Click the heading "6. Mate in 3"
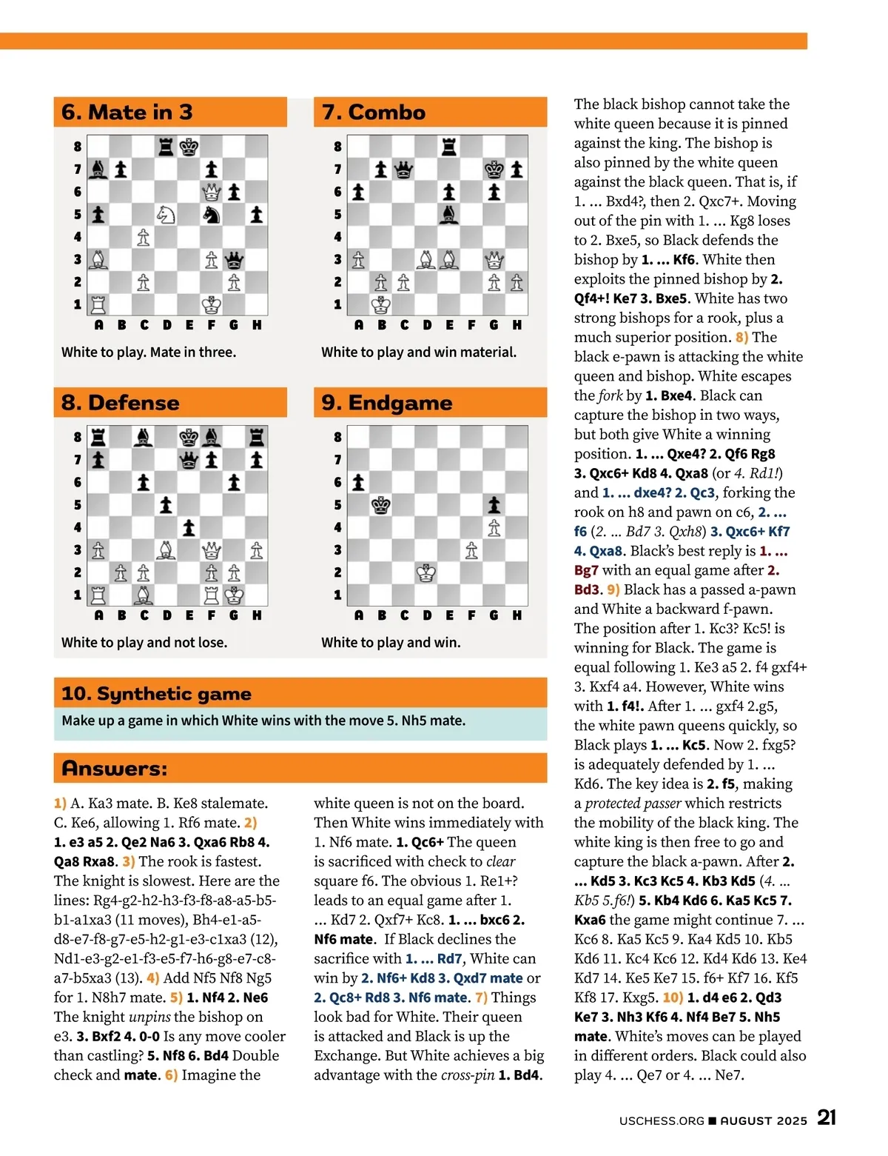tap(127, 113)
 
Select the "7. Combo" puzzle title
tap(374, 113)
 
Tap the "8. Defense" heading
tap(121, 403)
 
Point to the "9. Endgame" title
tap(387, 403)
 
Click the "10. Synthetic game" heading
tap(157, 694)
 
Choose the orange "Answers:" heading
tap(115, 769)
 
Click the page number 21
tap(827, 1117)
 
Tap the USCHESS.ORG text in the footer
tap(662, 1121)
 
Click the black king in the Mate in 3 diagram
tap(189, 147)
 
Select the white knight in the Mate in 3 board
tap(166, 215)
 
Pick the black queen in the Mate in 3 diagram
tap(234, 260)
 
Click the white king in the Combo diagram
tap(381, 304)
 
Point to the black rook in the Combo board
tap(449, 147)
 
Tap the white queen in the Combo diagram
tap(494, 260)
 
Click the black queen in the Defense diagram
tap(189, 460)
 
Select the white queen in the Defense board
tap(212, 550)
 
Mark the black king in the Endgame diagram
tap(381, 505)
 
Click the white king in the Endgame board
tap(426, 572)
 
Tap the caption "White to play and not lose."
tap(144, 643)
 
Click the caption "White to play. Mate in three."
tap(149, 353)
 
